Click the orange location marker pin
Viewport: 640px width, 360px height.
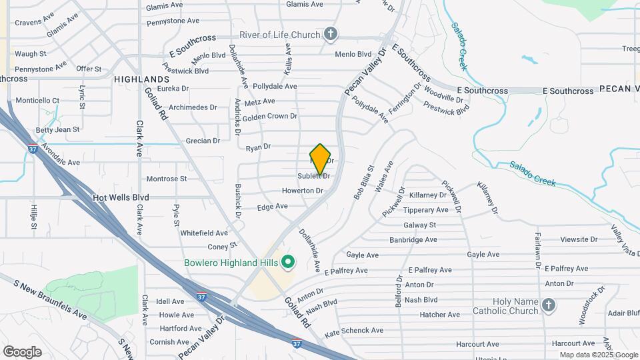[320, 159]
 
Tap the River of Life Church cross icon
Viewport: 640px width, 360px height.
[330, 33]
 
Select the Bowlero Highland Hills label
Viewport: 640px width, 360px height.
[231, 262]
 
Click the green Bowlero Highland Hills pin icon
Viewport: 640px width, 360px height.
[288, 262]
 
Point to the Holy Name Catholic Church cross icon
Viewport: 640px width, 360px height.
[548, 305]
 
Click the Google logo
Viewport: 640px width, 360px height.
[22, 351]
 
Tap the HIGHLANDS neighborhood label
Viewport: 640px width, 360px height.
[141, 79]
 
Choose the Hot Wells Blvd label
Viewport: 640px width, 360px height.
[121, 197]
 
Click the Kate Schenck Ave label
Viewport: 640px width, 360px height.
[353, 331]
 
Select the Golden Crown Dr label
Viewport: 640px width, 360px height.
[269, 116]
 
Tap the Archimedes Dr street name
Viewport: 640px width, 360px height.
[193, 107]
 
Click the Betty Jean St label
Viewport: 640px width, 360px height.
[58, 129]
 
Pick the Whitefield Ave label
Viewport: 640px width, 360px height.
[204, 233]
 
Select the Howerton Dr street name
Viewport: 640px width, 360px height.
[302, 191]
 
